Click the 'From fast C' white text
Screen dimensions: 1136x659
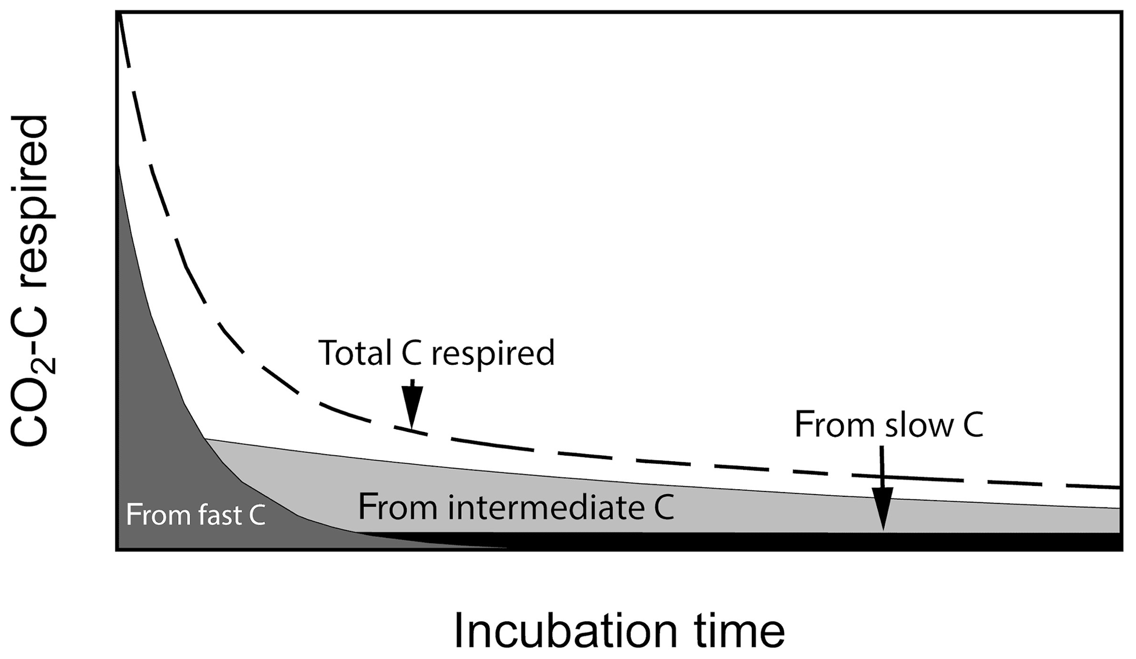tap(196, 515)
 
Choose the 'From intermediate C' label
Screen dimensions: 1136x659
tap(516, 507)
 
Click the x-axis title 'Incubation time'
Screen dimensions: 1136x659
tap(619, 632)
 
